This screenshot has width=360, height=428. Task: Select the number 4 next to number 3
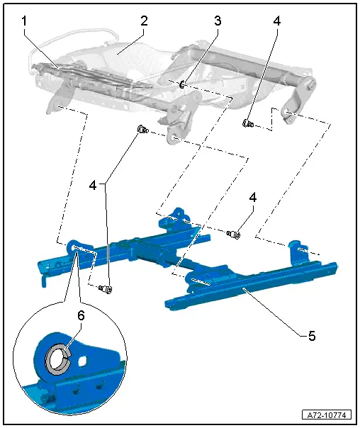tap(277, 21)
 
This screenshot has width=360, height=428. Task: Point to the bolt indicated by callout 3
tap(182, 86)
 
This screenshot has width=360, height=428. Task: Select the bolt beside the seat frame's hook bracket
tap(249, 124)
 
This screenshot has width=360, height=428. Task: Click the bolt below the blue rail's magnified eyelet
tap(106, 288)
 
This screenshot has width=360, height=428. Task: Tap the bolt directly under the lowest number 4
tap(234, 234)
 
